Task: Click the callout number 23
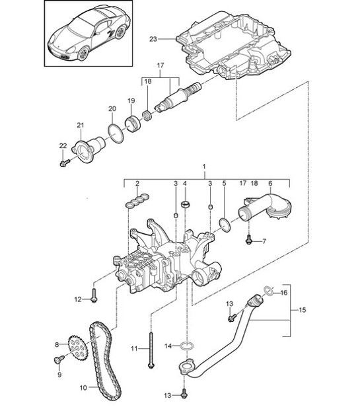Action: pyautogui.click(x=153, y=40)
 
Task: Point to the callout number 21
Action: pyautogui.click(x=81, y=125)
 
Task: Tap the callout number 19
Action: pyautogui.click(x=131, y=100)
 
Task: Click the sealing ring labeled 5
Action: pyautogui.click(x=225, y=224)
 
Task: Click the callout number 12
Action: pyautogui.click(x=78, y=299)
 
